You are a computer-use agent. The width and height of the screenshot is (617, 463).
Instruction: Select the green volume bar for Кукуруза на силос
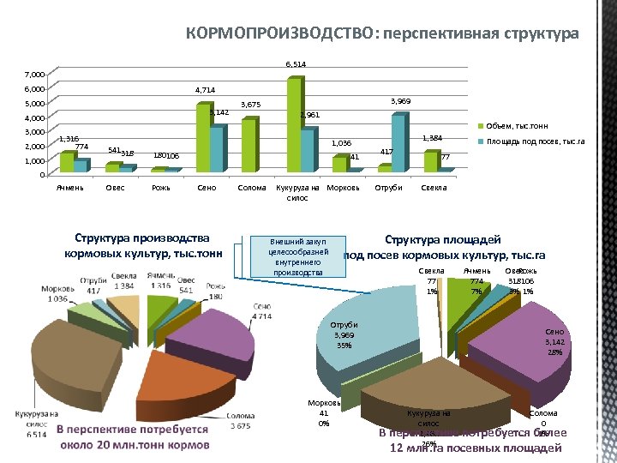(294, 124)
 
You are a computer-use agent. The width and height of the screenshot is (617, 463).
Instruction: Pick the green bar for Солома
(249, 145)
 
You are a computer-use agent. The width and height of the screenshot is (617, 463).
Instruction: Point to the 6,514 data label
(296, 64)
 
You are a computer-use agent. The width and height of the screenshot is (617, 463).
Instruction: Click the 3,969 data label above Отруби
(400, 101)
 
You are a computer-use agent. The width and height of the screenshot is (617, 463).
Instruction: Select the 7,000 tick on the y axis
(34, 75)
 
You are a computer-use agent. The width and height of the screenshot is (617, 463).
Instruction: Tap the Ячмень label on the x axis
(70, 186)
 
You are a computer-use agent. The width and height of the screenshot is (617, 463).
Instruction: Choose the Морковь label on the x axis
(342, 186)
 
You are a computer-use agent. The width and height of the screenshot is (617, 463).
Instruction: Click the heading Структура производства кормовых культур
(141, 245)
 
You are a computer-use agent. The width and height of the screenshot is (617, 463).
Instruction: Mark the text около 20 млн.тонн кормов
(134, 445)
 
